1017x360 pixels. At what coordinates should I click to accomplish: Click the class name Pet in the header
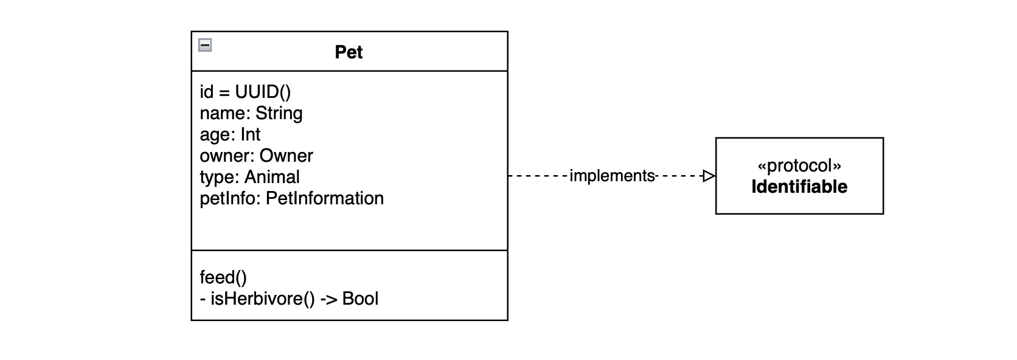349,52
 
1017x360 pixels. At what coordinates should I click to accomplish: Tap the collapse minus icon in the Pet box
206,45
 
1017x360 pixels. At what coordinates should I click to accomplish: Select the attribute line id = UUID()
245,92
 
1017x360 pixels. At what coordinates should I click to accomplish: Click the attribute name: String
251,113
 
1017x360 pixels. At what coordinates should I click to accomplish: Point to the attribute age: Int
230,134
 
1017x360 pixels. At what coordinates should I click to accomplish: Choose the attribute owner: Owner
256,156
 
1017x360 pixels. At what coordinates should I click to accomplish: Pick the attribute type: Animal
249,177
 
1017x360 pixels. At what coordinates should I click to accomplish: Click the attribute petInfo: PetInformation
291,198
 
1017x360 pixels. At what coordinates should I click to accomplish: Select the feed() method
223,277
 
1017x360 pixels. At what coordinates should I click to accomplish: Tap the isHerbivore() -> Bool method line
289,299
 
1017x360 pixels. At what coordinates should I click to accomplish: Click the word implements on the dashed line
612,176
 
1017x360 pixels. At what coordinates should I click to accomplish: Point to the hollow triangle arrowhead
709,176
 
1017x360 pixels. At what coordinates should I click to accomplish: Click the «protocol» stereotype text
799,165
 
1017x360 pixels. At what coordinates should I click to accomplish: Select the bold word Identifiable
799,187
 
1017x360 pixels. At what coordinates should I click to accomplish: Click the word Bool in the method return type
360,299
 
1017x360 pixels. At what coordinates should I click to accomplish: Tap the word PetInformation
325,198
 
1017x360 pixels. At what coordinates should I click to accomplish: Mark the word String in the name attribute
279,113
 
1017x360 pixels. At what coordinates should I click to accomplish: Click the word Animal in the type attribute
272,177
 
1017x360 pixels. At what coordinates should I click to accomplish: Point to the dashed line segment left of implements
538,176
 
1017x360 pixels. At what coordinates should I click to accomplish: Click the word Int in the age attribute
250,134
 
